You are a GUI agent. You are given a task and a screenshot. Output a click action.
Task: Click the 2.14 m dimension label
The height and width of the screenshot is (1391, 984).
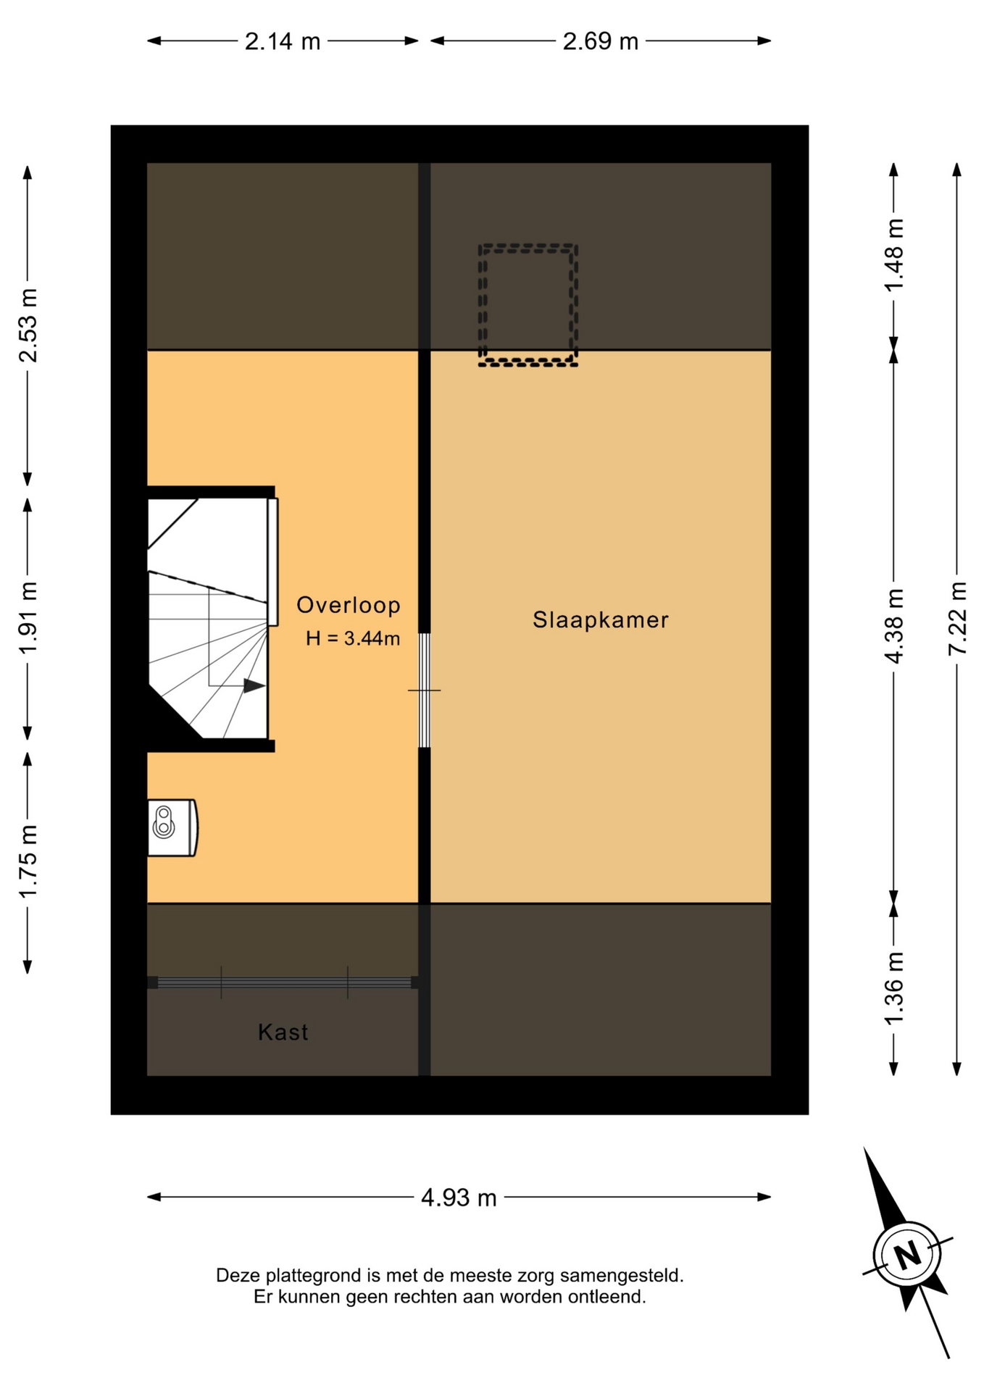283,41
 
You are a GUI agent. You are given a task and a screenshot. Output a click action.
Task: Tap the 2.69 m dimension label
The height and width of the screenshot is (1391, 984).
601,41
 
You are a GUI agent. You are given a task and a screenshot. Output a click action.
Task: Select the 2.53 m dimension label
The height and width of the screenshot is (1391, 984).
28,325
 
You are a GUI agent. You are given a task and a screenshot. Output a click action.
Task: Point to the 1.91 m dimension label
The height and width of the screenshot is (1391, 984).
28,618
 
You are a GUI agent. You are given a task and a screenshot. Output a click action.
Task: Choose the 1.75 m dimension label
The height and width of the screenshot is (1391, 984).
28,861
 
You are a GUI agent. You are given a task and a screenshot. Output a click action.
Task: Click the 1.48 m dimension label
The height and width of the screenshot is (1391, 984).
894,255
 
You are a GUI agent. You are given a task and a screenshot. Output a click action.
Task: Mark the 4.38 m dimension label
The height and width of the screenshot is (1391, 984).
894,626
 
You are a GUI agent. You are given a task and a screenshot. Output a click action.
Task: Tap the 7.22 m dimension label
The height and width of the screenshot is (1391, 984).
957,619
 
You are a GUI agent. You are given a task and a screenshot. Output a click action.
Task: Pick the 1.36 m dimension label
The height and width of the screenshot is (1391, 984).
894,988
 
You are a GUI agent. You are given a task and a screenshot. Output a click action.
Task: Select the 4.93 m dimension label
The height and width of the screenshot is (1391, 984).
459,1198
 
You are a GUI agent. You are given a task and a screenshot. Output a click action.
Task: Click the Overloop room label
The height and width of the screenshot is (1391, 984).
349,605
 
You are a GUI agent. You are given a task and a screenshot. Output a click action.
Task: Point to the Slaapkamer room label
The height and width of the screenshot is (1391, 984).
601,620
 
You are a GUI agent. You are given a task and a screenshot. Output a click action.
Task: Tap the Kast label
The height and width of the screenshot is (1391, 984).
283,1032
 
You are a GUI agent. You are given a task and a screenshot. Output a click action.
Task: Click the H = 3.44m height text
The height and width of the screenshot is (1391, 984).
353,638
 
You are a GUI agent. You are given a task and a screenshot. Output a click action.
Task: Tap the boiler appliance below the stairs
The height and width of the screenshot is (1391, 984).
172,828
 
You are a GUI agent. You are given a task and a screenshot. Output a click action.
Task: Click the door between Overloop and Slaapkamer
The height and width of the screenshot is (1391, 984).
425,690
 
